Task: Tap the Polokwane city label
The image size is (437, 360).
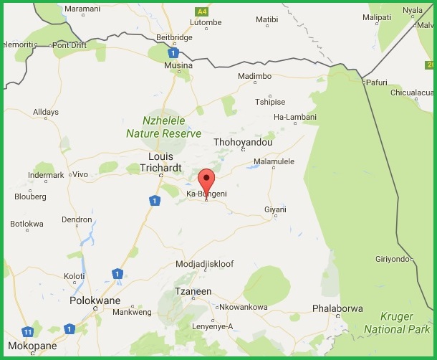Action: (x=95, y=301)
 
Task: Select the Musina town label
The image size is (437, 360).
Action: (x=178, y=65)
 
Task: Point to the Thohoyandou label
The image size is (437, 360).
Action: (x=244, y=142)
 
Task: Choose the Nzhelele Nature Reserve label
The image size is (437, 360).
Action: (x=163, y=128)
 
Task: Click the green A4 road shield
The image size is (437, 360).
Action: (x=202, y=11)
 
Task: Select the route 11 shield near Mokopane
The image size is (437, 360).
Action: (x=27, y=332)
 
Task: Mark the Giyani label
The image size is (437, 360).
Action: (x=275, y=209)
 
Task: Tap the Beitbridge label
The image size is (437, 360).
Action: (x=174, y=37)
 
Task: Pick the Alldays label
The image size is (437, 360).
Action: (x=47, y=112)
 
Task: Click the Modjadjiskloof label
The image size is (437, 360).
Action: (x=205, y=264)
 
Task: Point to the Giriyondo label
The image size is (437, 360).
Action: (x=395, y=259)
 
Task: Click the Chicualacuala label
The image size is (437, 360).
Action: (x=413, y=92)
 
